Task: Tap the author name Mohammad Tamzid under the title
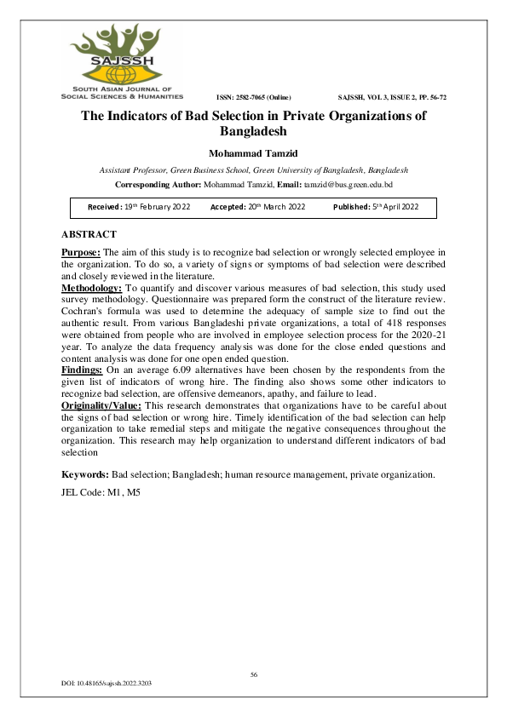pos(253,153)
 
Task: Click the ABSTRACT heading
pos(89,234)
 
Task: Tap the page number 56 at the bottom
pos(253,674)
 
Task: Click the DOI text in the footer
pos(107,684)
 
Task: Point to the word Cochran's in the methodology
pos(82,325)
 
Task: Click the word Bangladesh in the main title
pos(254,132)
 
